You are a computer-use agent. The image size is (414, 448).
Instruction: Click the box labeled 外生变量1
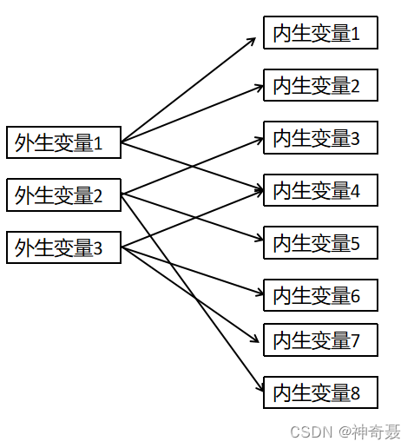click(x=63, y=142)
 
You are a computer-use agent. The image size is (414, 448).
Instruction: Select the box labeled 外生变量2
click(x=63, y=194)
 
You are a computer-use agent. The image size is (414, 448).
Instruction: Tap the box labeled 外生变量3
click(x=63, y=247)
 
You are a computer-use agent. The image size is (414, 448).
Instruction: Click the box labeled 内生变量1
click(x=320, y=32)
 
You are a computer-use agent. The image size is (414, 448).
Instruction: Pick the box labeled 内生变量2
click(x=320, y=85)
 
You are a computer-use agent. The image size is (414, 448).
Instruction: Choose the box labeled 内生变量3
click(x=320, y=138)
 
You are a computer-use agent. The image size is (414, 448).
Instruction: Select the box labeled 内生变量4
click(x=320, y=190)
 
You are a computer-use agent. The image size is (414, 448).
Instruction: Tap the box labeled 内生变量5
click(x=320, y=243)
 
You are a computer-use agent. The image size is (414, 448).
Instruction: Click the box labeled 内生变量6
click(x=320, y=295)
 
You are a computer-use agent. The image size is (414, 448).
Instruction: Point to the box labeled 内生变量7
click(x=320, y=339)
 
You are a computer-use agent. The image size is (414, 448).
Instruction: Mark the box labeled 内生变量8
click(x=320, y=392)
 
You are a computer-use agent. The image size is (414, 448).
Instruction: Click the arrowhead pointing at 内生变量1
click(x=252, y=41)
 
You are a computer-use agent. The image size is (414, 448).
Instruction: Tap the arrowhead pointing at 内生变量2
click(x=259, y=88)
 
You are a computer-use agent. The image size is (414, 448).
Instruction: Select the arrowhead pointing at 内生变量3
click(x=259, y=141)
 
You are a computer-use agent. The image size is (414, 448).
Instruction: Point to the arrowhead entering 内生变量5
click(x=259, y=238)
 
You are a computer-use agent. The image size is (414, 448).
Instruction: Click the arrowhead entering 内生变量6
click(x=259, y=293)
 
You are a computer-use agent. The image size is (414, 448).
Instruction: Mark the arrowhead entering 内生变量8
click(x=260, y=387)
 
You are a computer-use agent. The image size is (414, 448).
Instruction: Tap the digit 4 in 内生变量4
click(x=355, y=191)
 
